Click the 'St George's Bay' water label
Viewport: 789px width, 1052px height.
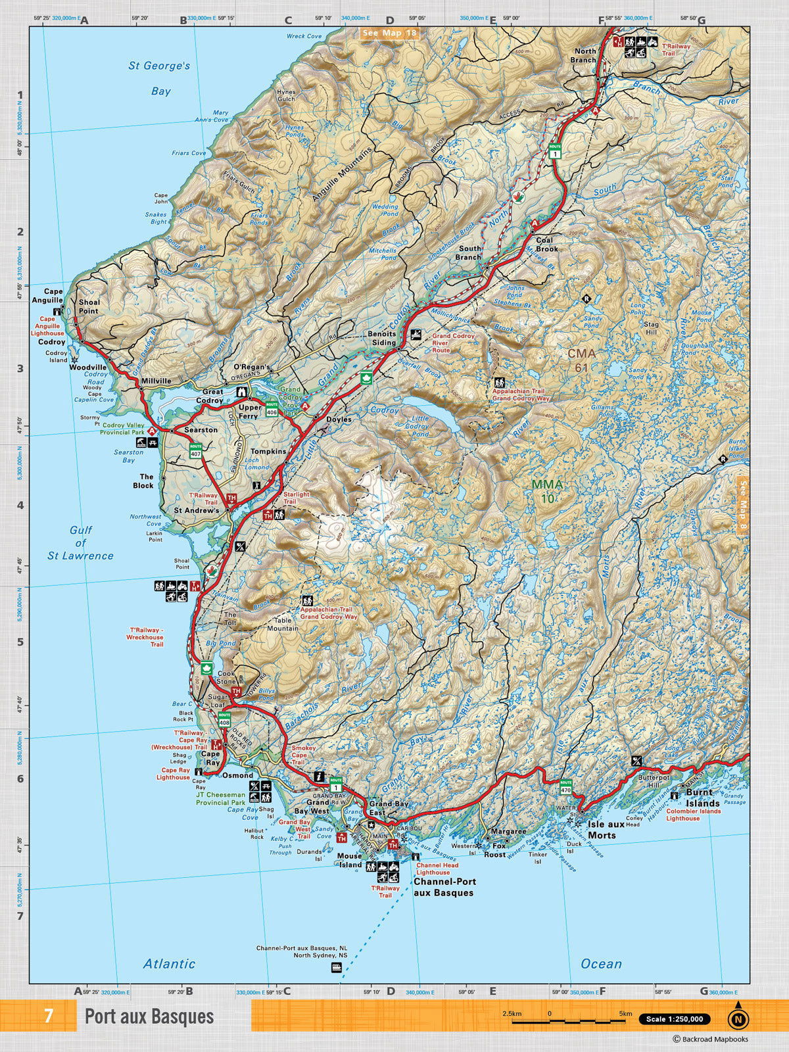(x=159, y=78)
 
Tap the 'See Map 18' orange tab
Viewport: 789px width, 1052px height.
(x=389, y=33)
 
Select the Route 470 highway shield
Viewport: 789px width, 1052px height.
(x=566, y=786)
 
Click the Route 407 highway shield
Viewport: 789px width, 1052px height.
(x=195, y=450)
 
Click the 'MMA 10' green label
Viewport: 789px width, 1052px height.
(x=547, y=491)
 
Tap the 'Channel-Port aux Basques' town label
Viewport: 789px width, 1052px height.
(x=444, y=887)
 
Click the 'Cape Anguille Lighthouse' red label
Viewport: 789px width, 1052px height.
(x=47, y=326)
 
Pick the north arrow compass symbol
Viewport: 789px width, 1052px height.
(x=738, y=1019)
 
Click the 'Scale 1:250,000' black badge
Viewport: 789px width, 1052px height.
(x=674, y=1019)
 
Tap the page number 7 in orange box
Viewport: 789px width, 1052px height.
(x=49, y=1016)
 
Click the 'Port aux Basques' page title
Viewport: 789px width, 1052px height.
(x=149, y=1016)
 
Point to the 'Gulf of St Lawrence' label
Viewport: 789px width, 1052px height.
(x=80, y=542)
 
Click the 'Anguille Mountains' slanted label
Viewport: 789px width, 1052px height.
(x=342, y=174)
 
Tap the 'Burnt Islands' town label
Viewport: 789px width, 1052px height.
(x=702, y=798)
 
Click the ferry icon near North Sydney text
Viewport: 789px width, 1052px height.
(x=337, y=967)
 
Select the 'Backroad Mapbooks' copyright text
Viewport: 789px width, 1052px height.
(x=710, y=1040)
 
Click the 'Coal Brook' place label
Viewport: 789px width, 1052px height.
(x=546, y=245)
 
